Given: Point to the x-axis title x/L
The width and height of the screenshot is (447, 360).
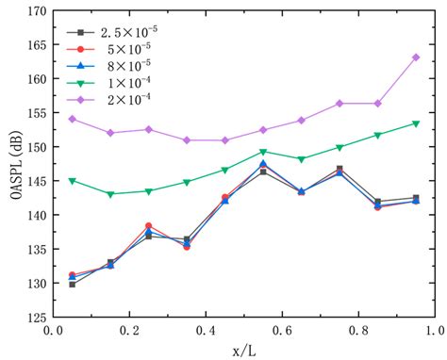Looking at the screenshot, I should click(243, 350).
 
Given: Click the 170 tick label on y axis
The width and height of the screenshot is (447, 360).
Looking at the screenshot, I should click(33, 12).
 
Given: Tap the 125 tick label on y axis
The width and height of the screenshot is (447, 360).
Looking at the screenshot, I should click(33, 317).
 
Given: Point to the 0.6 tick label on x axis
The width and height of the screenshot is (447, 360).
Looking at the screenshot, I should click(282, 331).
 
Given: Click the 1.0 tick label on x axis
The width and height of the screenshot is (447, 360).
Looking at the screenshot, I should click(435, 331).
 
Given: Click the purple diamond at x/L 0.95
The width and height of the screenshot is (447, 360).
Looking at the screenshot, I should click(416, 57).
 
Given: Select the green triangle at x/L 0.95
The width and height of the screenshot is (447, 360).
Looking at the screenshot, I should click(416, 123).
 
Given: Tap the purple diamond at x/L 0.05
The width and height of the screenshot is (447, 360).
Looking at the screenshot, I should click(72, 119).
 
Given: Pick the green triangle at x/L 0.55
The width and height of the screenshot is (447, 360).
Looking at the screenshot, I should click(263, 152).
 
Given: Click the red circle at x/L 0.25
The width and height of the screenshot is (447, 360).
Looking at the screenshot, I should click(148, 226).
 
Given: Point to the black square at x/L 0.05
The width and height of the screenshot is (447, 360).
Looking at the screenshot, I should click(72, 284).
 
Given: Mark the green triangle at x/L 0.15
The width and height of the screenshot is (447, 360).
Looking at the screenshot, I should click(110, 194).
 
